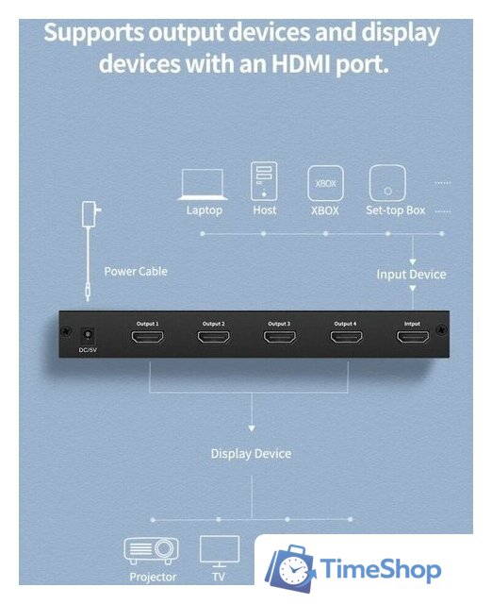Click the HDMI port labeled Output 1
(148, 337)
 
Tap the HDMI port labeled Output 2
(214, 337)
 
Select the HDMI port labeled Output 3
(280, 337)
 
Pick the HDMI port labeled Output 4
(346, 337)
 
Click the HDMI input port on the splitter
(413, 337)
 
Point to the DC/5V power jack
(88, 336)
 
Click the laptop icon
(203, 184)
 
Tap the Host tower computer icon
(264, 181)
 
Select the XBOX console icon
(325, 183)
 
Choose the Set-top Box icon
(387, 183)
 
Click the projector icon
(151, 551)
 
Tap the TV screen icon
(220, 551)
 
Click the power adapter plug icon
(91, 214)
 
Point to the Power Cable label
(136, 271)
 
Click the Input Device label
(411, 275)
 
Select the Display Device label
(251, 453)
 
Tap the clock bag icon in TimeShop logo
(291, 568)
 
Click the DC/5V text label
(88, 350)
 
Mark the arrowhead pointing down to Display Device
(252, 428)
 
